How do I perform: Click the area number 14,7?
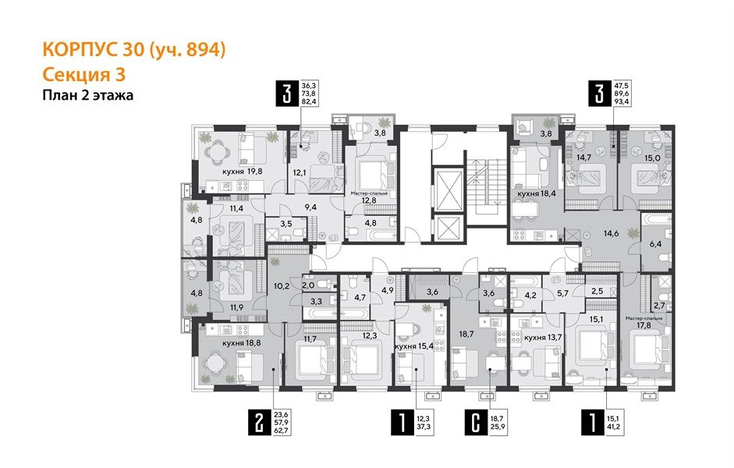(584, 156)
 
